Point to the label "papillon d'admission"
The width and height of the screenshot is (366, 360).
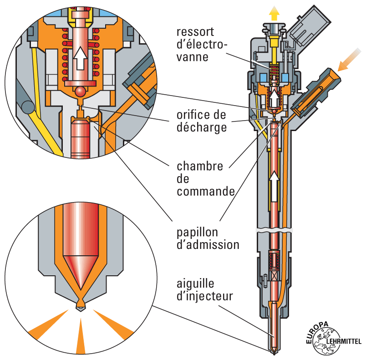pyautogui.click(x=208, y=238)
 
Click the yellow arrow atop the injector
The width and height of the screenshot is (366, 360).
pyautogui.click(x=274, y=12)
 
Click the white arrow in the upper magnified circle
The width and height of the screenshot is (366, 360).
pyautogui.click(x=80, y=57)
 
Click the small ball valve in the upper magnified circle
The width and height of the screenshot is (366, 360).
pyautogui.click(x=81, y=91)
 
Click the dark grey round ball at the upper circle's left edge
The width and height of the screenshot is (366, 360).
pyautogui.click(x=28, y=107)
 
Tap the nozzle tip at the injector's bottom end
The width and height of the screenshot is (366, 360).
pyautogui.click(x=274, y=350)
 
